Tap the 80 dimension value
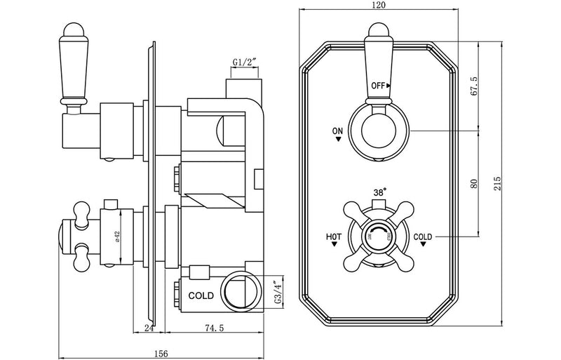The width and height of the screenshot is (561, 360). (473, 184)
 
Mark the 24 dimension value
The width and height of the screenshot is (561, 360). (149, 327)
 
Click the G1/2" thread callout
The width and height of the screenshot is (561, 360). (245, 62)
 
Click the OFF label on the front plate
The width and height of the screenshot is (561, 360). (379, 86)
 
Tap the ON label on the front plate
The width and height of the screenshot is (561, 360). (339, 131)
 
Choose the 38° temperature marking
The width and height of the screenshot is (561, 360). (379, 192)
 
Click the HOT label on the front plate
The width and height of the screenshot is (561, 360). (334, 236)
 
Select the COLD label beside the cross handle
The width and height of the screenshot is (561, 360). (423, 236)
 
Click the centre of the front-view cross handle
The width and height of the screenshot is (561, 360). (379, 236)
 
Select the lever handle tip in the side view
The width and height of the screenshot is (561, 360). (72, 30)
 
